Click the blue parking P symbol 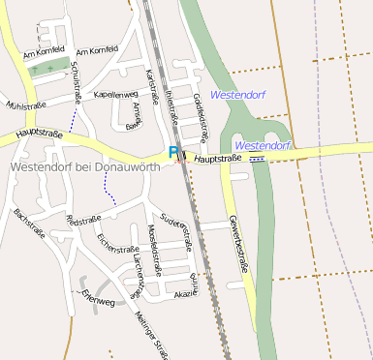[x=173, y=152]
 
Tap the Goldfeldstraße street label [x=201, y=114]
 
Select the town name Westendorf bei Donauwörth [x=84, y=166]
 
